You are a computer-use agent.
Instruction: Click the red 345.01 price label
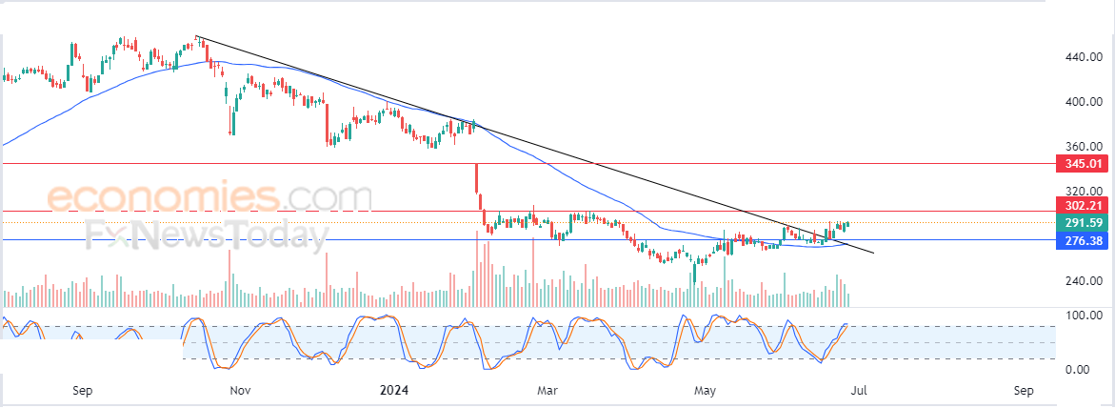[1083, 164]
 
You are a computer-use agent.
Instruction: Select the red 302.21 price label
[1083, 205]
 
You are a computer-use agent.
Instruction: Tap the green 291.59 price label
[1083, 222]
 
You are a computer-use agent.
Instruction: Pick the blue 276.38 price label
[1083, 242]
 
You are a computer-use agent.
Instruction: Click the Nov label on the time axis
[239, 390]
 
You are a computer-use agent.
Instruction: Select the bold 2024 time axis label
[393, 390]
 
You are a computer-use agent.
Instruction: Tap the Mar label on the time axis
[546, 390]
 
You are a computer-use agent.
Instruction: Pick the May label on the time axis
[705, 390]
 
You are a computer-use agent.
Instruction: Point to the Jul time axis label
[858, 390]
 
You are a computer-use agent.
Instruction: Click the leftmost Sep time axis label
[82, 390]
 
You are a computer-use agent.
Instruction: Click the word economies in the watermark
[162, 198]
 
